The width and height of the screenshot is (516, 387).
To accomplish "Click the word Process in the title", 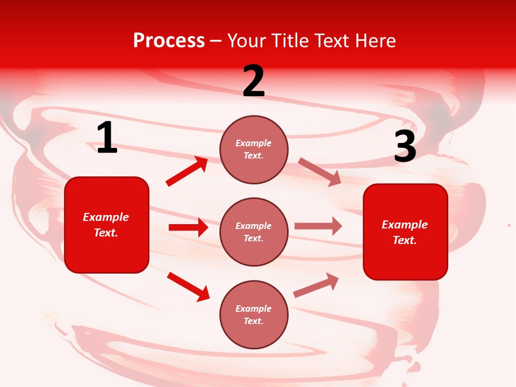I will [169, 40].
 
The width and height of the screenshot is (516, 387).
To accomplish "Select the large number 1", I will [107, 138].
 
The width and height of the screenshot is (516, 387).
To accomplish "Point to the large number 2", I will [254, 82].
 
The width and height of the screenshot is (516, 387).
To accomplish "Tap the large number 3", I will [405, 147].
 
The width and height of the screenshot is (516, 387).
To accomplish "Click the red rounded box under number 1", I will [106, 225].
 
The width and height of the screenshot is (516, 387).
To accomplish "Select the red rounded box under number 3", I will [405, 232].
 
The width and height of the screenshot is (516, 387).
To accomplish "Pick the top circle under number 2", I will [254, 149].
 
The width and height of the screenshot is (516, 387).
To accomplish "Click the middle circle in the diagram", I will [254, 232].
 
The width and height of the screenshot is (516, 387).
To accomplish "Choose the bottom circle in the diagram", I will [254, 315].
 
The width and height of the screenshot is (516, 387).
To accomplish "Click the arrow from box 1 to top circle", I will [187, 171].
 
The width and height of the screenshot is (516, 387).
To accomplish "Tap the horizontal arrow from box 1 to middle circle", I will [188, 227].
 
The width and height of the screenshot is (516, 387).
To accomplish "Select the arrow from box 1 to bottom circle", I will [188, 286].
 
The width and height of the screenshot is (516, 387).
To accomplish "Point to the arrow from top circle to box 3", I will [319, 171].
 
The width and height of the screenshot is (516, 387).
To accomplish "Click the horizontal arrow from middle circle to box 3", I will [318, 226].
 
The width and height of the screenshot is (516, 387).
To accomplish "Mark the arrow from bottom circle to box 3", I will [316, 285].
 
